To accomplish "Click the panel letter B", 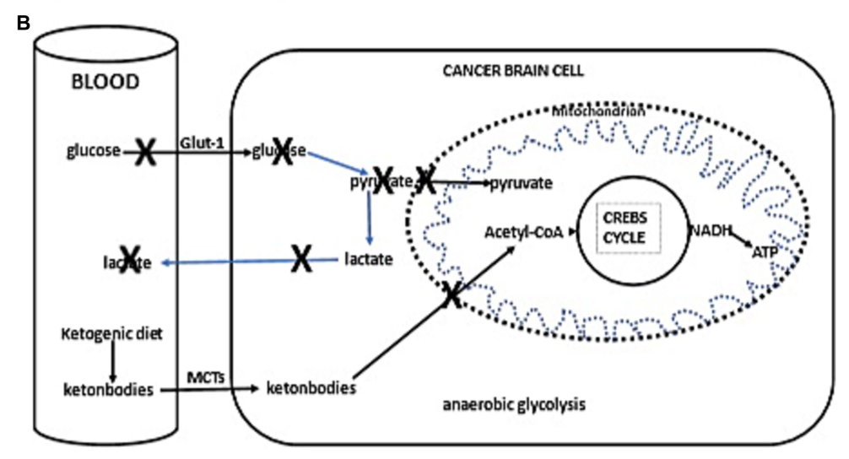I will [x=24, y=23].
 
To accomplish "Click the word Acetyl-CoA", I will [x=523, y=229].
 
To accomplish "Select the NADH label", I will [x=708, y=229].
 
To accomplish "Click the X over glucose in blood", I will [x=145, y=153].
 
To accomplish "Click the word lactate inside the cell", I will [x=369, y=260].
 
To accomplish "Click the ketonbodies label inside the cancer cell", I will [x=311, y=388].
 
